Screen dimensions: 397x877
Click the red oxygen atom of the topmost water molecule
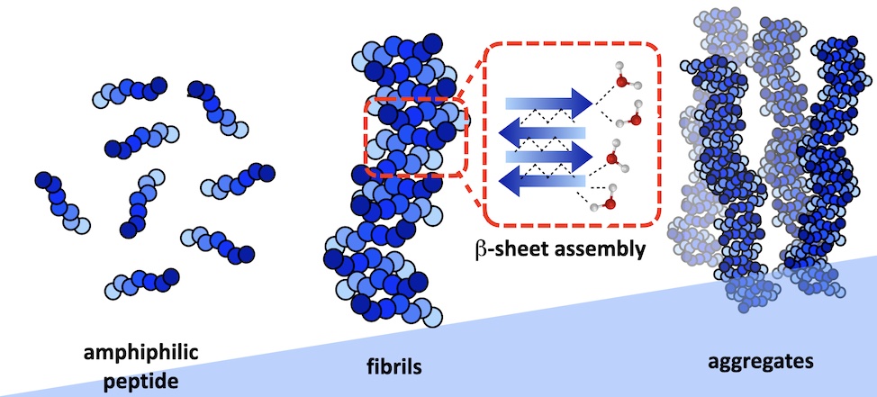(620, 83)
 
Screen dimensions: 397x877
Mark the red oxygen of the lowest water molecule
(610, 203)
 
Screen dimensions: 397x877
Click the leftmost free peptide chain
(63, 201)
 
